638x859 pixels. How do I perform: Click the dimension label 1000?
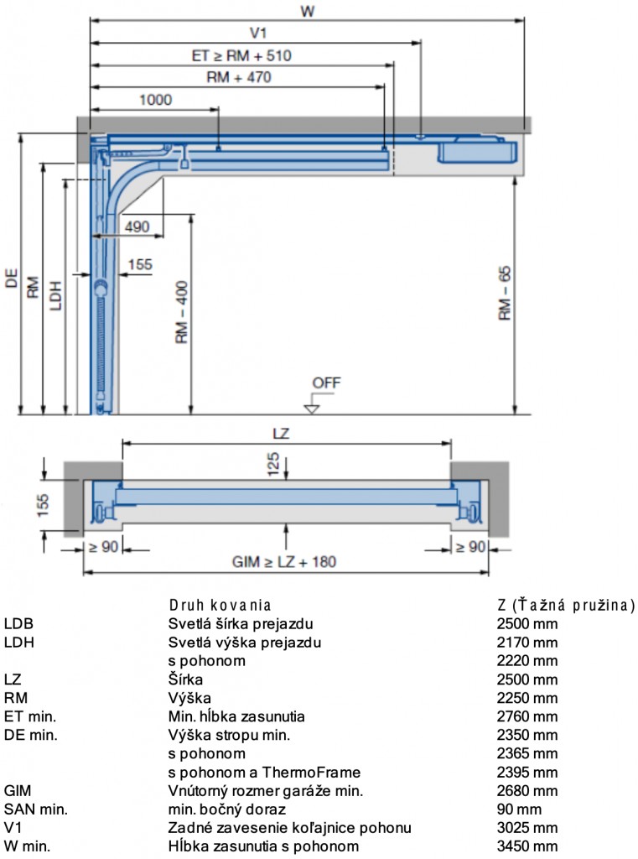tap(156, 100)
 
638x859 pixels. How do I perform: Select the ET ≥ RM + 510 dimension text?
tap(241, 55)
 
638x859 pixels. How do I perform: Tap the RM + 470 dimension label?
tap(239, 77)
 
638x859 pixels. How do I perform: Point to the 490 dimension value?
tap(137, 226)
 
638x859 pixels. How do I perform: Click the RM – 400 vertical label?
tap(181, 312)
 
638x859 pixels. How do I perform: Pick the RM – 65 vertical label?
tap(505, 293)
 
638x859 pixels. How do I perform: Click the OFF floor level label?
tap(326, 383)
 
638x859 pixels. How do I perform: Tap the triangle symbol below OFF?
tap(312, 409)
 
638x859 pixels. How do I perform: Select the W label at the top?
tap(308, 11)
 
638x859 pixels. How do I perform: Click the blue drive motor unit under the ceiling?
tap(476, 149)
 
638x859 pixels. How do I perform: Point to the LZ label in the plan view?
tap(281, 434)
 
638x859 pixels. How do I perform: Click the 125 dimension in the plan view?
tap(272, 464)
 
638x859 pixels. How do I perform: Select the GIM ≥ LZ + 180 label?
tap(283, 561)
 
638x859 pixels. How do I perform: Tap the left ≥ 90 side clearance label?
tap(103, 547)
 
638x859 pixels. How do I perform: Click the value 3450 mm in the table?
tap(526, 846)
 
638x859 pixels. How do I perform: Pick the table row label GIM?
tap(18, 790)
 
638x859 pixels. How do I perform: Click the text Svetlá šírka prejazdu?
tap(241, 623)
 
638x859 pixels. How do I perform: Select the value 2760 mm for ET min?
tap(526, 716)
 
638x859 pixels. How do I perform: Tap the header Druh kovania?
tap(220, 605)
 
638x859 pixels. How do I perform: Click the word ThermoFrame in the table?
tap(311, 773)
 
